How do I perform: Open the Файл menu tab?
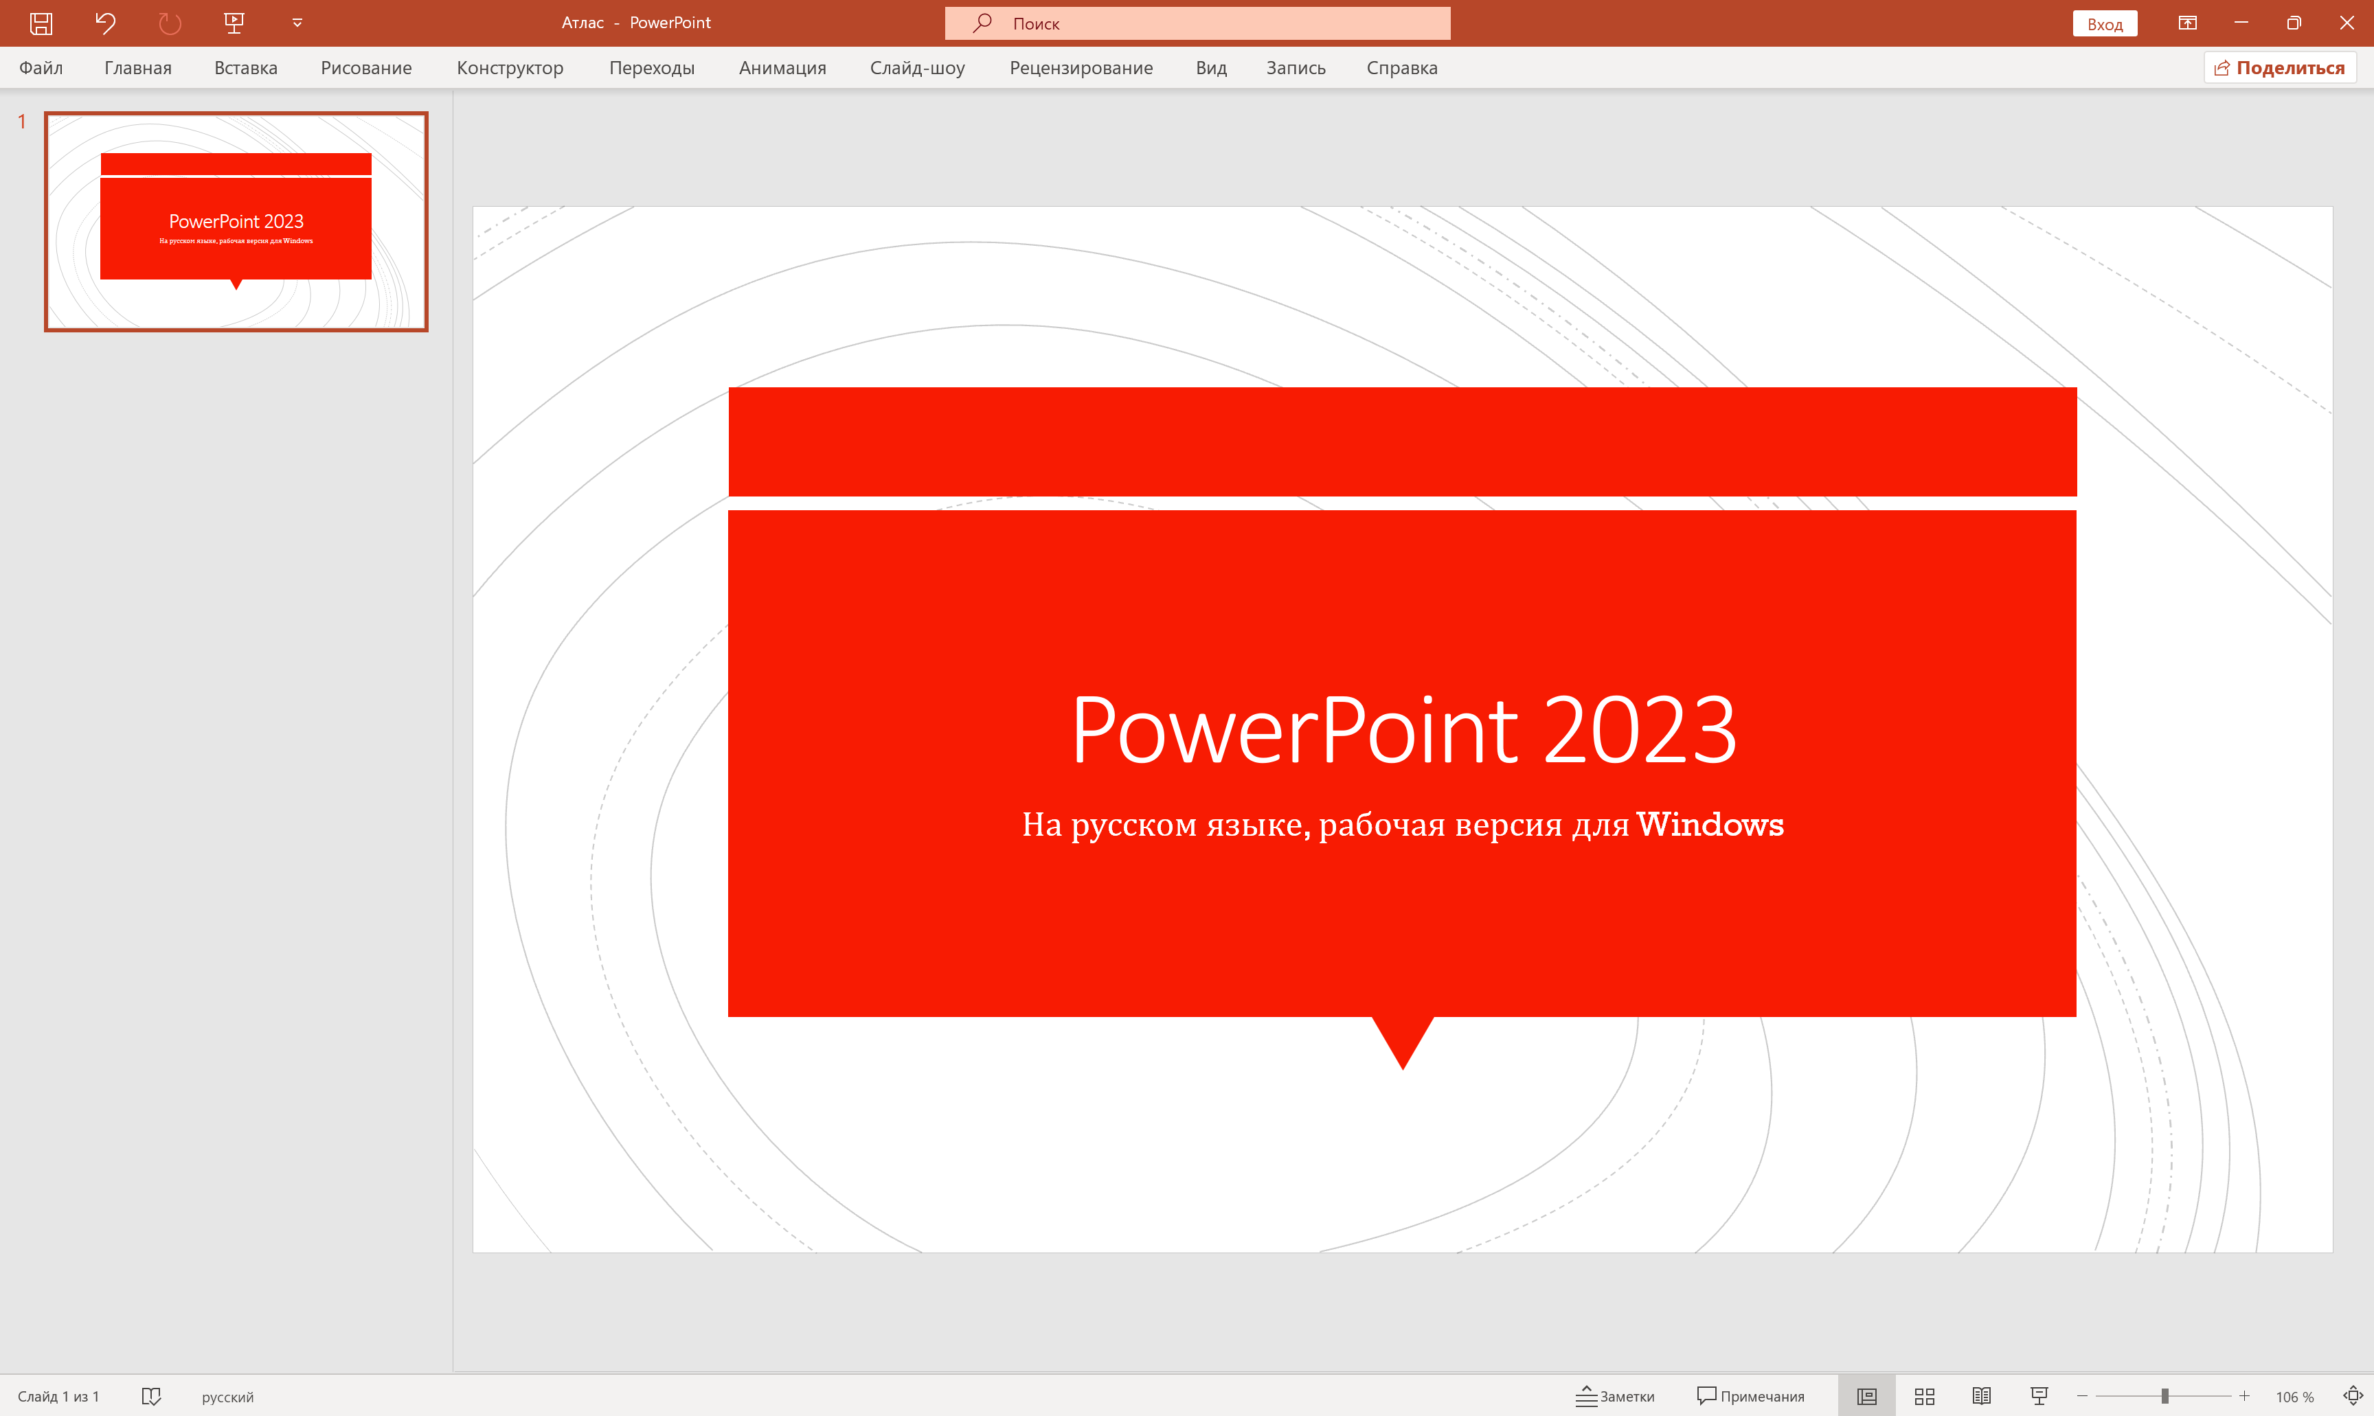pyautogui.click(x=41, y=68)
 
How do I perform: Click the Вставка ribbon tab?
pyautogui.click(x=245, y=68)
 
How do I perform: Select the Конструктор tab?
pyautogui.click(x=510, y=68)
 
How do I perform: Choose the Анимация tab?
pyautogui.click(x=782, y=68)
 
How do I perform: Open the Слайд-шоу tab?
pyautogui.click(x=917, y=68)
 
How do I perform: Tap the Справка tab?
pyautogui.click(x=1401, y=68)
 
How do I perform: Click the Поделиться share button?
pyautogui.click(x=2279, y=68)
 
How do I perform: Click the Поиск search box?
pyautogui.click(x=1197, y=23)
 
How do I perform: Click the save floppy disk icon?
pyautogui.click(x=41, y=23)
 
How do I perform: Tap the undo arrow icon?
pyautogui.click(x=105, y=23)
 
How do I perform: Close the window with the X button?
pyautogui.click(x=2347, y=23)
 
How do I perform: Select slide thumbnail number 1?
pyautogui.click(x=236, y=221)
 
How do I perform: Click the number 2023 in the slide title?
pyautogui.click(x=1638, y=730)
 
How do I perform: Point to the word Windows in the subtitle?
pyautogui.click(x=1710, y=825)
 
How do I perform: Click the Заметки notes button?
pyautogui.click(x=1616, y=1396)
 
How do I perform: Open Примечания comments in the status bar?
pyautogui.click(x=1751, y=1396)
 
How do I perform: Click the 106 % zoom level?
pyautogui.click(x=2294, y=1397)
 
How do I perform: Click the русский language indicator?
pyautogui.click(x=227, y=1397)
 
